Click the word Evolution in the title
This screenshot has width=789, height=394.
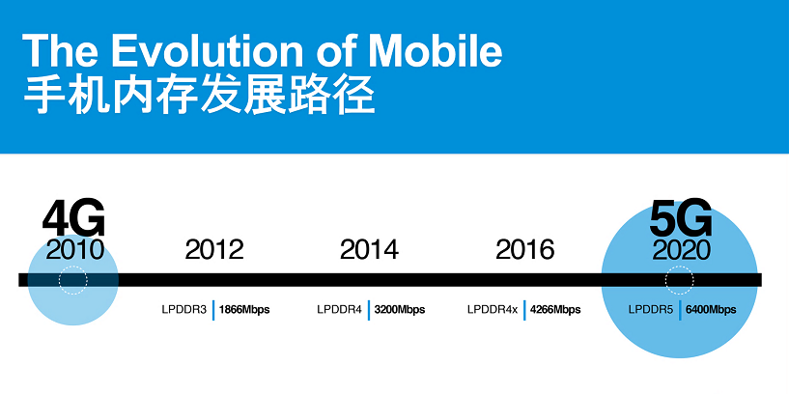coord(208,50)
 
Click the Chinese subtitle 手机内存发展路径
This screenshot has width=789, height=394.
coord(199,95)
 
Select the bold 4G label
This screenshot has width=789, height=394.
coord(73,219)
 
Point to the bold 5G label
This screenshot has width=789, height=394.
coord(681,219)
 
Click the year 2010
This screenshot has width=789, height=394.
coord(74,249)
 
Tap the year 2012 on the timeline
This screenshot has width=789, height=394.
coord(214,249)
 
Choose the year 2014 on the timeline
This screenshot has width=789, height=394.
coord(369,249)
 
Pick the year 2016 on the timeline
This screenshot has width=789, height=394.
coord(525,249)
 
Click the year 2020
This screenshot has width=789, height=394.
coord(681,249)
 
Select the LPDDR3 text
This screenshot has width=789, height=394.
coord(184,309)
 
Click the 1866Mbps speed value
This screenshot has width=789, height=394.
coord(244,309)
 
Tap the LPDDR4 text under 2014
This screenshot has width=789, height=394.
coord(339,309)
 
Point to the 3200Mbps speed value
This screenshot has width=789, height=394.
coord(400,309)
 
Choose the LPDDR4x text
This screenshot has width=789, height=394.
coord(493,309)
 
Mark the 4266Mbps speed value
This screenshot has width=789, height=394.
coord(555,309)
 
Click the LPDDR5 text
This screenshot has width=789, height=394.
coord(651,309)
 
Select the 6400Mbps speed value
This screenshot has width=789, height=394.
coord(711,309)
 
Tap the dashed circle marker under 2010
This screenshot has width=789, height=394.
coord(73,267)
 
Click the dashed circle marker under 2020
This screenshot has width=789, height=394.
coord(679,267)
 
